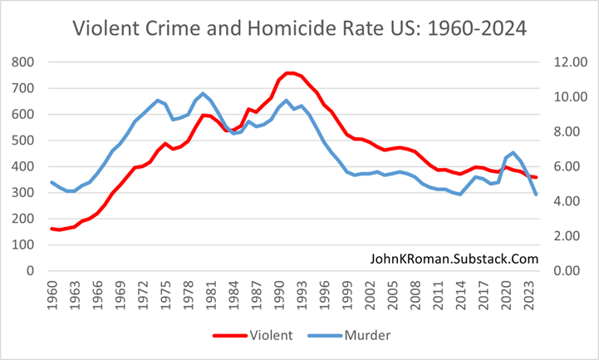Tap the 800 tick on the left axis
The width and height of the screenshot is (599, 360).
pos(22,62)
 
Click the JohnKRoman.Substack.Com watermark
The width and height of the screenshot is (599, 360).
pos(454,259)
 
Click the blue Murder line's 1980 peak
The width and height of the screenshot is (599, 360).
pos(203,93)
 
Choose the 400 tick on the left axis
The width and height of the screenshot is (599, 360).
pos(22,166)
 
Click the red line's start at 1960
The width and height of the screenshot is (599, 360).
pos(52,229)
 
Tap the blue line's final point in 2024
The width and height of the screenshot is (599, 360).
pos(537,195)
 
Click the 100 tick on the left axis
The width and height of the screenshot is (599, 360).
pos(22,244)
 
